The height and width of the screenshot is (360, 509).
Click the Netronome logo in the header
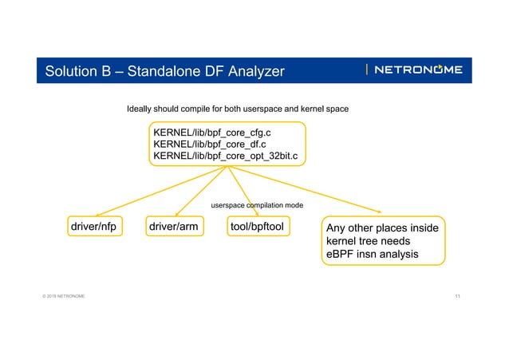pyautogui.click(x=416, y=70)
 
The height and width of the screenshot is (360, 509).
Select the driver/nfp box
pyautogui.click(x=93, y=227)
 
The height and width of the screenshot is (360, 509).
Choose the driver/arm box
pyautogui.click(x=173, y=227)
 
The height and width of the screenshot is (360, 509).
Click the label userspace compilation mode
pyautogui.click(x=256, y=206)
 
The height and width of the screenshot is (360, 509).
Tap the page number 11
pyautogui.click(x=457, y=297)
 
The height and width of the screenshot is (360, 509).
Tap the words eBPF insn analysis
pyautogui.click(x=372, y=255)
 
